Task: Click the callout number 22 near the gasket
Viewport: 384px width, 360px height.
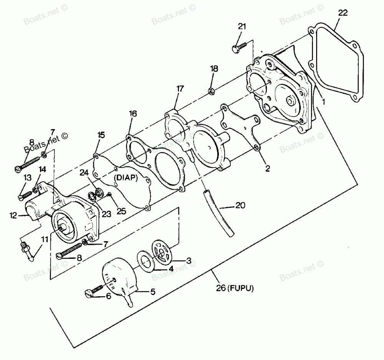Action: (343, 13)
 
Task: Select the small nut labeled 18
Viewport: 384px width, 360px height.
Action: (210, 91)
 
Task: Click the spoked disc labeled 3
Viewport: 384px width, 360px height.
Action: (163, 252)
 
